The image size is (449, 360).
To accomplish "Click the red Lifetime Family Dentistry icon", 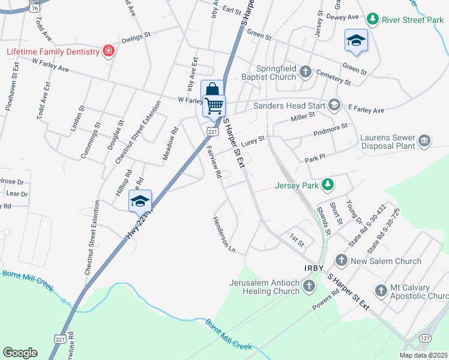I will pos(108,51).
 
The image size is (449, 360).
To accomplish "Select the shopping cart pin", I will pos(214,106).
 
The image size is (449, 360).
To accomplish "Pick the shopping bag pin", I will pos(211,91).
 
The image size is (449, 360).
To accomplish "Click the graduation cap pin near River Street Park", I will pos(356,40).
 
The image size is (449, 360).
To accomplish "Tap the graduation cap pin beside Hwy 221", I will pos(140,200).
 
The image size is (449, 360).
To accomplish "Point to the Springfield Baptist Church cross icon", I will pos(305,73).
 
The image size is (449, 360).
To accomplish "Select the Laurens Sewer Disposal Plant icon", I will pos(424,141).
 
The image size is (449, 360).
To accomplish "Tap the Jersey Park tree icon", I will pos(327,184).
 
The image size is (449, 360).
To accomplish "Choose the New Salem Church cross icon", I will pos(341,260).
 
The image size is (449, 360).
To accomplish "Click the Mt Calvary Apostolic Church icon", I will pos(381,291).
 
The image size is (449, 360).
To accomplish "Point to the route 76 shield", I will pos(36,7).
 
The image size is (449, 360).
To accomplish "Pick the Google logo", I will pos(20,353).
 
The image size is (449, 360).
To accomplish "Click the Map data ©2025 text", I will pos(423,355).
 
